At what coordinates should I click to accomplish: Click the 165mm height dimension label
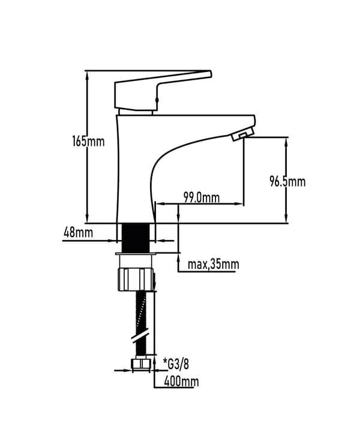88,141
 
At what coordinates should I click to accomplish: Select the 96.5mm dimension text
287,181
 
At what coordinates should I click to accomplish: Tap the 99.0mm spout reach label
202,197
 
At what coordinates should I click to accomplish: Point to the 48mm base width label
78,233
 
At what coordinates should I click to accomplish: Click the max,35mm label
213,265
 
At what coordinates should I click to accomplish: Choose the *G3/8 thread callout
176,365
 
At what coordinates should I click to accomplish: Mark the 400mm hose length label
181,382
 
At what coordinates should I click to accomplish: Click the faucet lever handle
163,90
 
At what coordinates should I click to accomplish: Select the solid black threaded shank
136,238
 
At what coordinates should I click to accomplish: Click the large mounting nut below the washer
136,279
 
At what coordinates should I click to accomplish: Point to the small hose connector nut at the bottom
141,364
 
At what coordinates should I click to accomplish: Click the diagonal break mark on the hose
140,336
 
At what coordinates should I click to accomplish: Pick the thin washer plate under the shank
136,254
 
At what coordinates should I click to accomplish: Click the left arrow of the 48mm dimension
112,241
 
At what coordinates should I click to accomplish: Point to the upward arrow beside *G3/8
154,361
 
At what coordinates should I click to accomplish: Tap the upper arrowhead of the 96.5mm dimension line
286,143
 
